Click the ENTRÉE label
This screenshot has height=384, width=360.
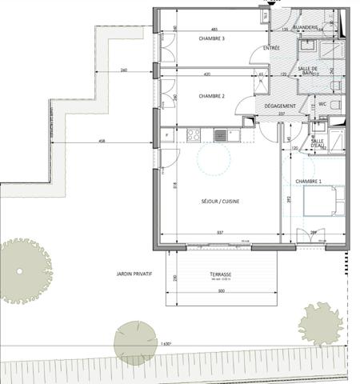coord(271,50)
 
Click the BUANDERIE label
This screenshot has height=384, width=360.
coord(306,28)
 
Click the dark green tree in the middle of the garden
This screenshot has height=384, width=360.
coord(135,343)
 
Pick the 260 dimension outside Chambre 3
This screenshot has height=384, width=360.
coord(122,70)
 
